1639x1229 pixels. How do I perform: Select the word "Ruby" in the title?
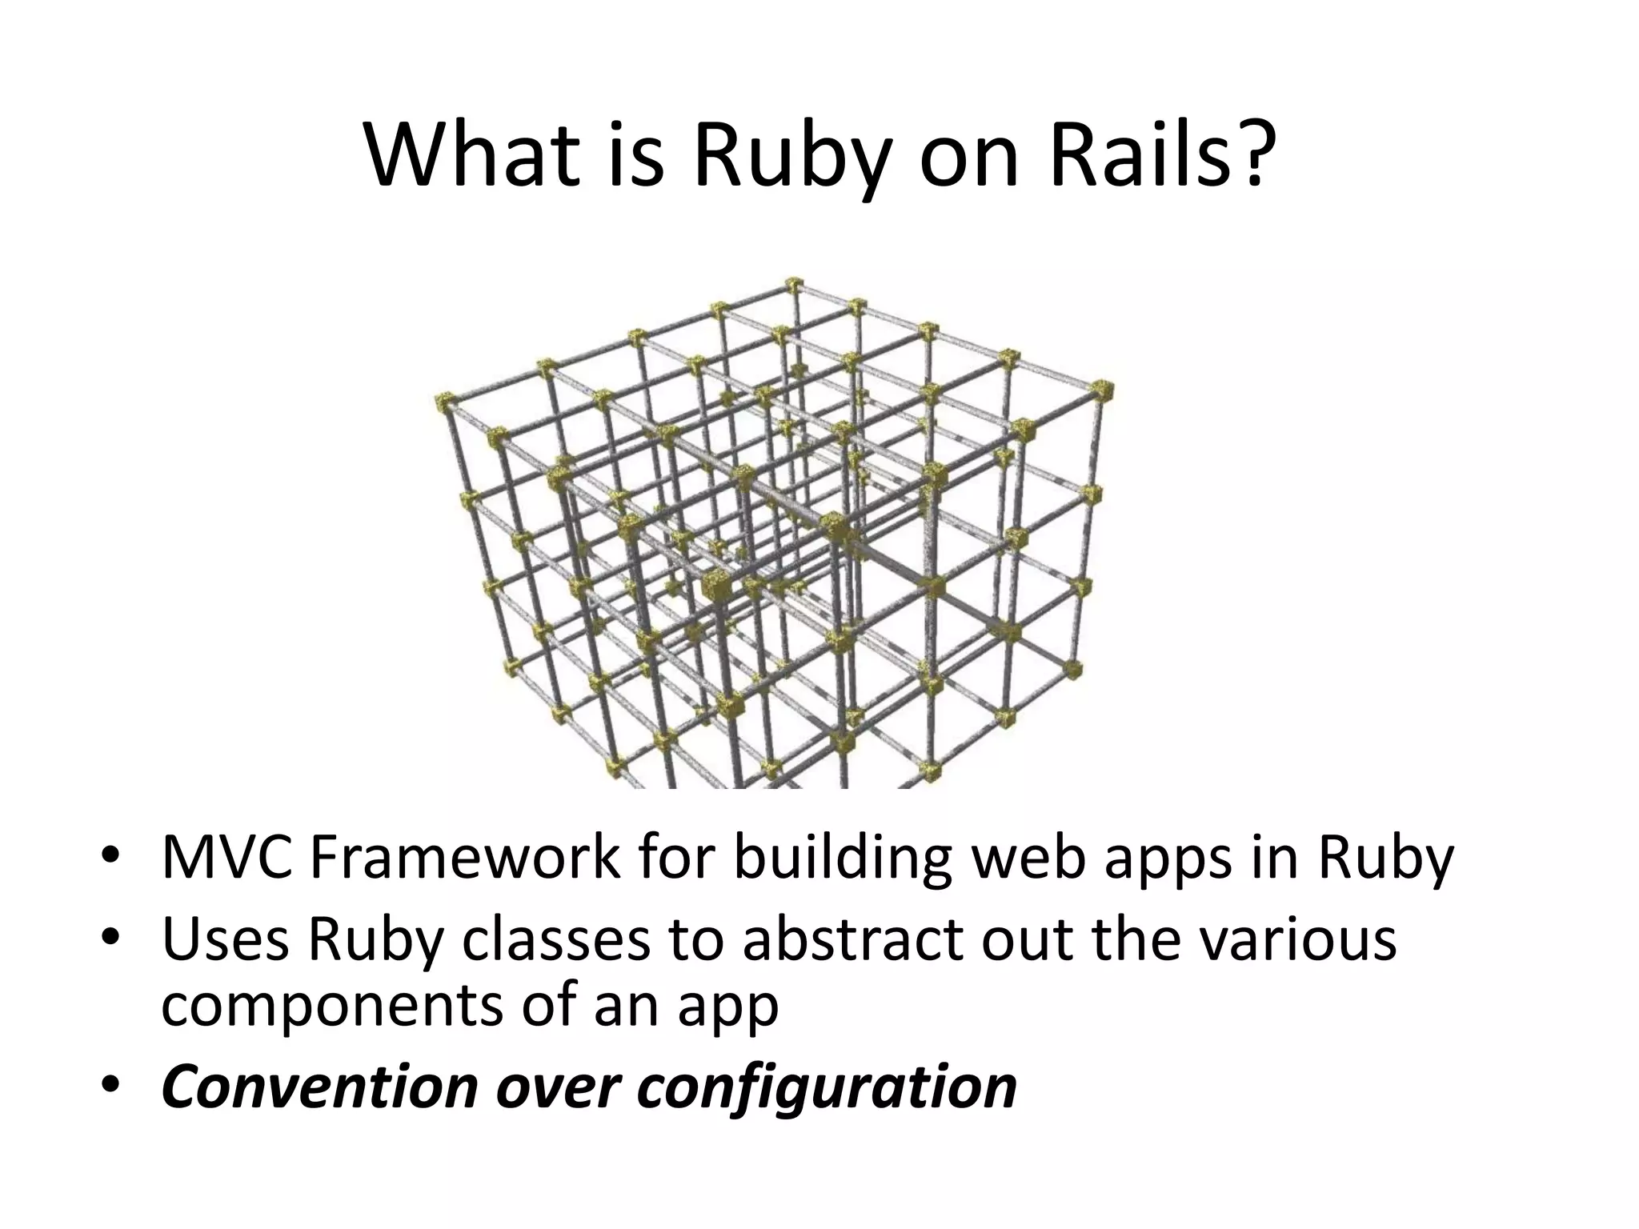pyautogui.click(x=792, y=160)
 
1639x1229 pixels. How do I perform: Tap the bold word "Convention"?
pyautogui.click(x=319, y=1087)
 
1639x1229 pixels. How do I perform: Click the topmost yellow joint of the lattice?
pyautogui.click(x=793, y=285)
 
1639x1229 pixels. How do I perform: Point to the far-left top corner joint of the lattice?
pyautogui.click(x=445, y=402)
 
